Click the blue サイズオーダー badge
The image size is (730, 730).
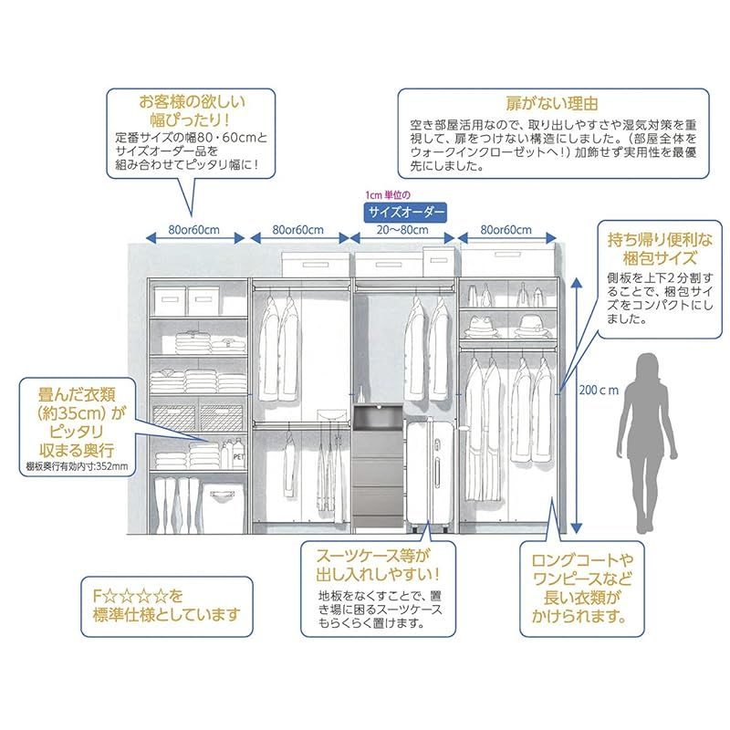[404, 213]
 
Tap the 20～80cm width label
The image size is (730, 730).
[402, 230]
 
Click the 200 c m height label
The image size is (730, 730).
[599, 390]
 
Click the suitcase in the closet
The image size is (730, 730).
[430, 474]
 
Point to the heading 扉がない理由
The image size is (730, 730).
[552, 103]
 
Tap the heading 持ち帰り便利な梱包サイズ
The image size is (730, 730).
[660, 248]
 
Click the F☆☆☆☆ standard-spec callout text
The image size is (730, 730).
[166, 605]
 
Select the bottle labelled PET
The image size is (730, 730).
[238, 454]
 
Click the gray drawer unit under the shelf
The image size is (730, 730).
[378, 466]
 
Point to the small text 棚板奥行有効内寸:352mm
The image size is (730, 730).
[77, 466]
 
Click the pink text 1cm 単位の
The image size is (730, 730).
[387, 195]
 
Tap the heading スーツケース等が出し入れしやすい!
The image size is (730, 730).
[378, 565]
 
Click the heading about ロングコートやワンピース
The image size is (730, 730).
[582, 588]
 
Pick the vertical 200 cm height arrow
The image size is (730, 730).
[577, 405]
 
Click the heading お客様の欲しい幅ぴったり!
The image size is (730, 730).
[192, 110]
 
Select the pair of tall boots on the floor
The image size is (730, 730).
[176, 506]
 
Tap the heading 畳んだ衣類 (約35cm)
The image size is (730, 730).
[77, 422]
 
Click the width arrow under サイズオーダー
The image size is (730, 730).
[402, 238]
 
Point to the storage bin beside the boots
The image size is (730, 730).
[223, 508]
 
